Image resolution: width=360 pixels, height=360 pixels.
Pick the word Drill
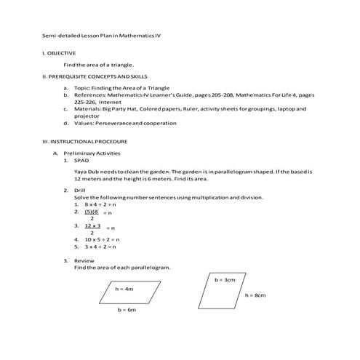point(80,190)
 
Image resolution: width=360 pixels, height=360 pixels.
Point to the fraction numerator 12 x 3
point(92,225)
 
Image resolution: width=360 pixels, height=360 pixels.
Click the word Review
point(84,260)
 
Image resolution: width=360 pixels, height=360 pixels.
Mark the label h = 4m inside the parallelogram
point(125,289)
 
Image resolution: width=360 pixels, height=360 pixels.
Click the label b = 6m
point(127,310)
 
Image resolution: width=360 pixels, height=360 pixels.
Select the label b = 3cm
point(225,279)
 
